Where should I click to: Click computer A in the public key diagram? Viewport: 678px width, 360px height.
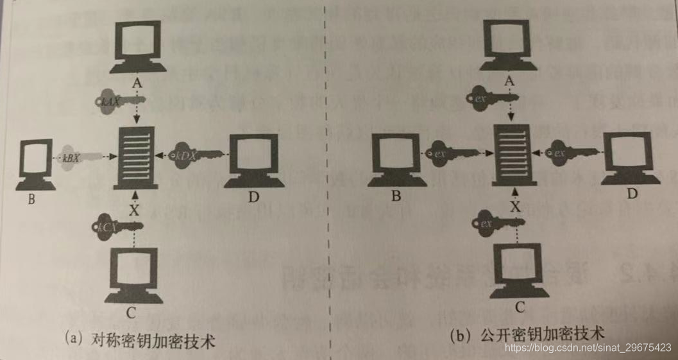tap(511, 44)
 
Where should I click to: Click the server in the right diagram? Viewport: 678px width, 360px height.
tap(511, 155)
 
